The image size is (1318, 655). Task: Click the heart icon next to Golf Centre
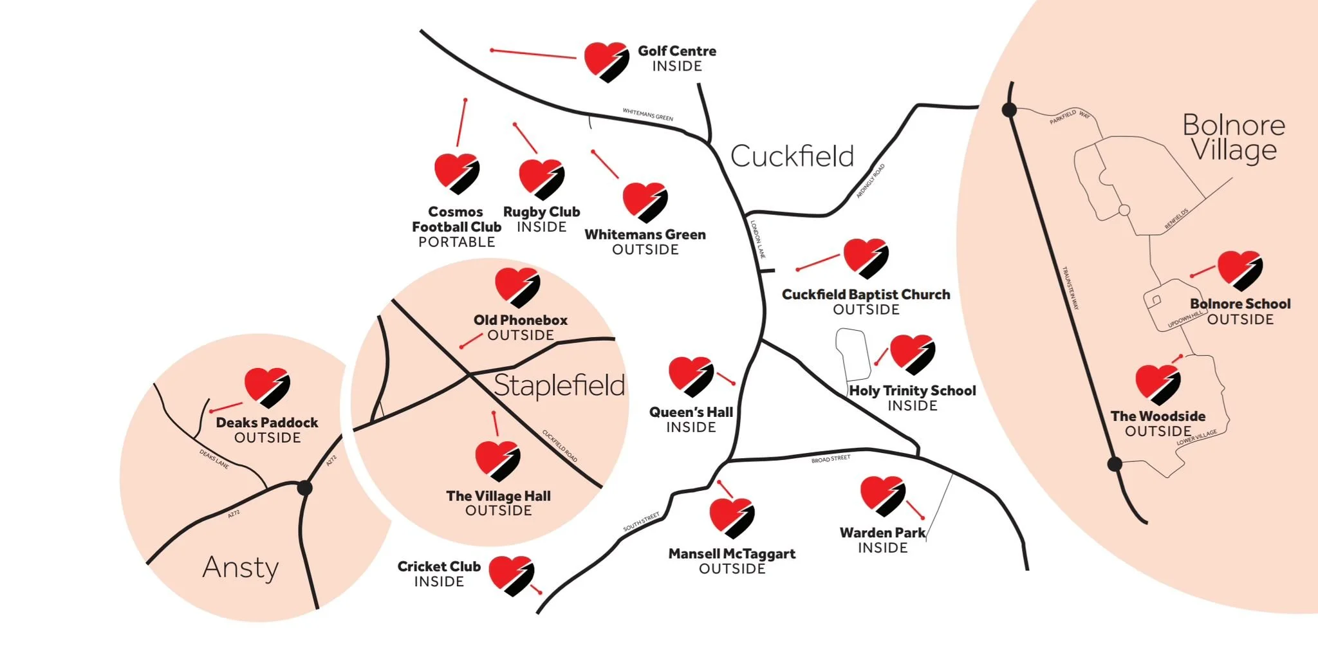[606, 62]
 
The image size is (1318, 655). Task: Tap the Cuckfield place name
[792, 156]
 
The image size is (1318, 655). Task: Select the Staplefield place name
[559, 385]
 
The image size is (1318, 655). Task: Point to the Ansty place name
[241, 567]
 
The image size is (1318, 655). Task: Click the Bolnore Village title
[1233, 137]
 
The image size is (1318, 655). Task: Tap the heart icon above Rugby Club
[541, 179]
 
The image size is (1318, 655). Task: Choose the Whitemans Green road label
[647, 115]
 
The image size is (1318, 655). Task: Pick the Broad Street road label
[830, 459]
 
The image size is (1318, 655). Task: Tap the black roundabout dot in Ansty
[305, 488]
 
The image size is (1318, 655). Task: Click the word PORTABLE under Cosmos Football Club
[456, 243]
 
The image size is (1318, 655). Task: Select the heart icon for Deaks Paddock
[266, 387]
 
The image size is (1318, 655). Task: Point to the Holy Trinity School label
[912, 391]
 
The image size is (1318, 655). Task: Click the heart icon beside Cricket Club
[511, 575]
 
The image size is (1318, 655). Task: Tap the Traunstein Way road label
[1070, 288]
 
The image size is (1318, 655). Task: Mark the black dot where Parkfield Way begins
[1009, 110]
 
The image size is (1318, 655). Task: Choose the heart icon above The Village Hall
[497, 461]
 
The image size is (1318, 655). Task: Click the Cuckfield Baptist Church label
[866, 295]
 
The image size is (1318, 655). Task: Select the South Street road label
[641, 521]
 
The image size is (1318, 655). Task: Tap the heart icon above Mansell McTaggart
[731, 517]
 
